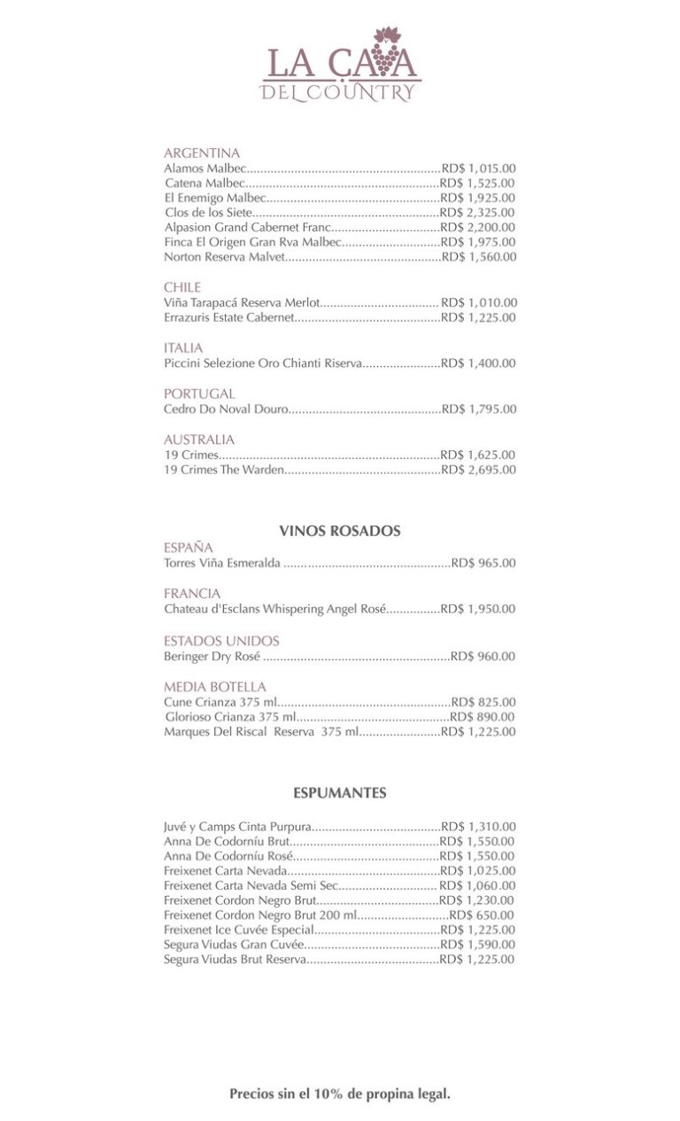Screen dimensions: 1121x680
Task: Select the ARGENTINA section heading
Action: [x=202, y=152]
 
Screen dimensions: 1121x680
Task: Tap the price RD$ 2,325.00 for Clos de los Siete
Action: [x=478, y=213]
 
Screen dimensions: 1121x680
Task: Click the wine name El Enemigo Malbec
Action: [x=215, y=198]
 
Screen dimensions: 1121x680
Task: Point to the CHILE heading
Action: [x=182, y=287]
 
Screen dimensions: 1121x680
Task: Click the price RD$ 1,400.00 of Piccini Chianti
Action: [x=478, y=363]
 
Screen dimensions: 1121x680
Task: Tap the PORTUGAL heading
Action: [x=199, y=393]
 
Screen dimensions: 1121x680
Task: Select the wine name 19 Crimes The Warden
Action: [x=224, y=470]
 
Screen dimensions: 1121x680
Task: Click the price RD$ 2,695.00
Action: [x=478, y=470]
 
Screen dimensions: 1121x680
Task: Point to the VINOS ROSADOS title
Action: [x=340, y=531]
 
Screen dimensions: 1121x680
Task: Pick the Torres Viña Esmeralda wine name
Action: [x=222, y=563]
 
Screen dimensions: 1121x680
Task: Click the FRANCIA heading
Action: [x=192, y=593]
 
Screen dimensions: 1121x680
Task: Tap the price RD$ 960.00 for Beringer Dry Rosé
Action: [x=483, y=657]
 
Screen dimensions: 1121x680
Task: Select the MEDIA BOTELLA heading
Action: [x=215, y=687]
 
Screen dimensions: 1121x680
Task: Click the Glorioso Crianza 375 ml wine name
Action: [x=230, y=717]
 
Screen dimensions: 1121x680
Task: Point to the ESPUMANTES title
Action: [x=340, y=793]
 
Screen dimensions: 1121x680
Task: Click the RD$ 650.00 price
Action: [x=482, y=915]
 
